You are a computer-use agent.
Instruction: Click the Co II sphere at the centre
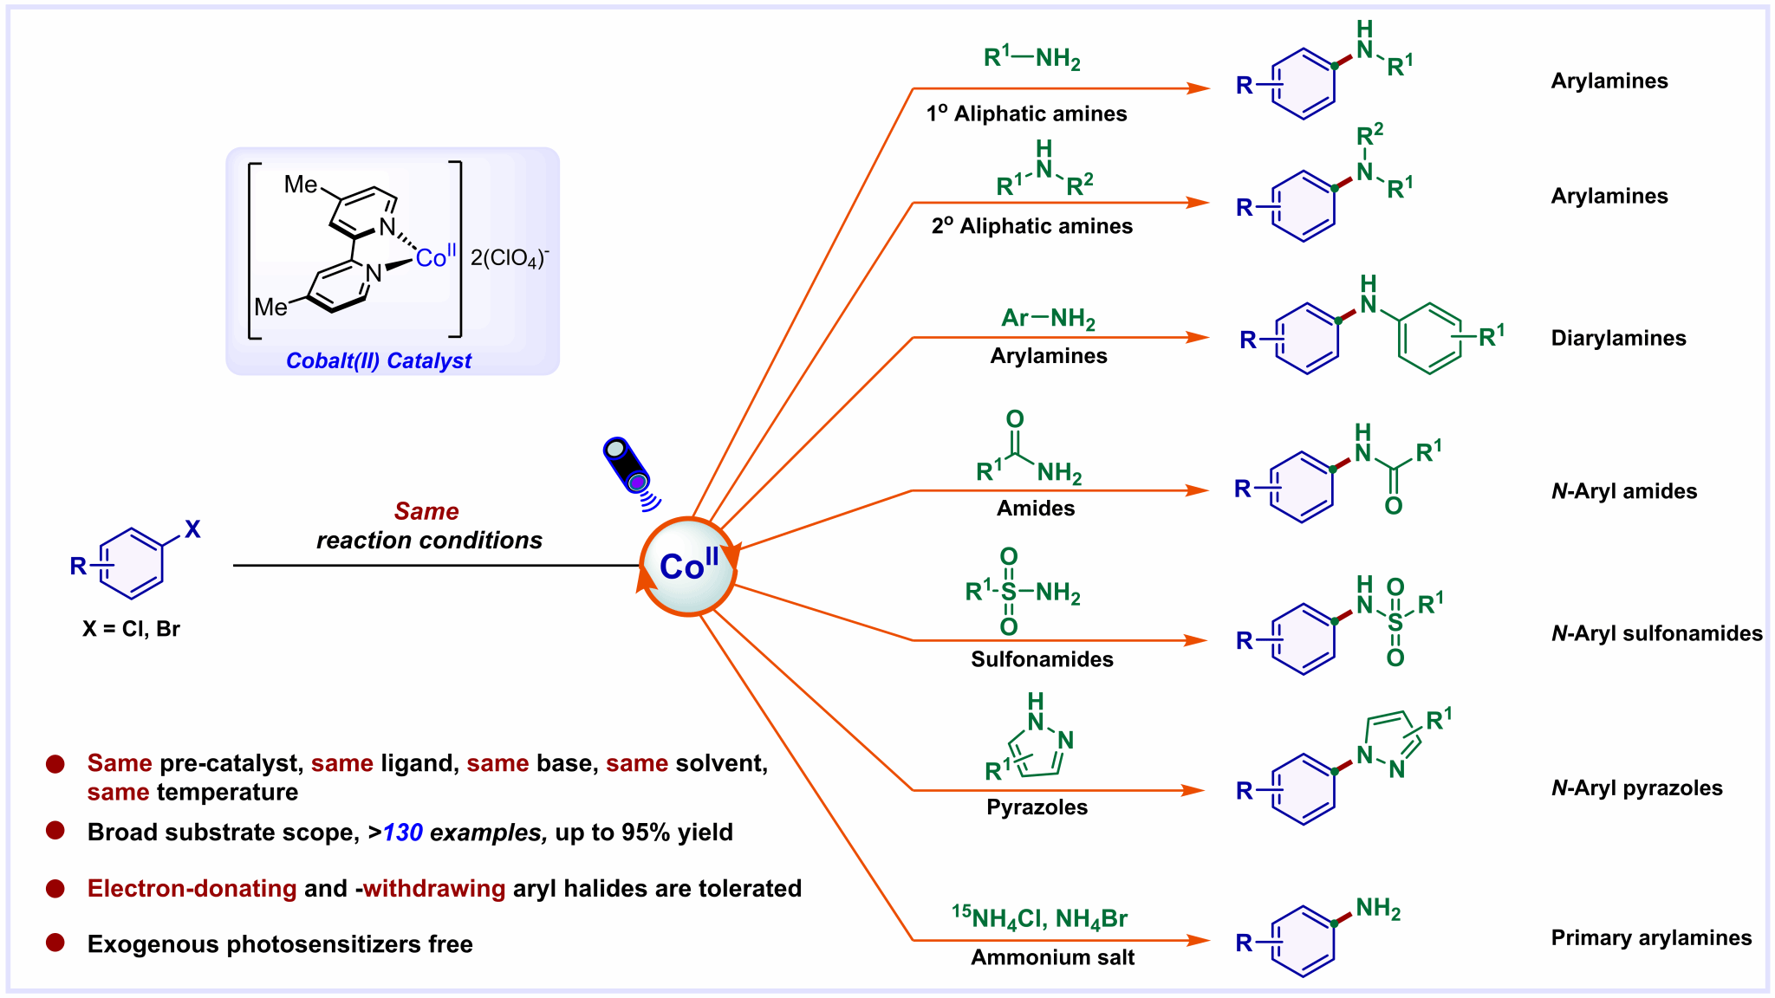(689, 567)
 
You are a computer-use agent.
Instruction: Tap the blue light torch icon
(627, 465)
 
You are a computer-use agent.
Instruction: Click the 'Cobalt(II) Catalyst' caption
(379, 361)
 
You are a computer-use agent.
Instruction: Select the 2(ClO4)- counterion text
(510, 257)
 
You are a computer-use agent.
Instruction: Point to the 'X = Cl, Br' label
(131, 629)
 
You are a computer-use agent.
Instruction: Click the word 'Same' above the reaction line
(426, 511)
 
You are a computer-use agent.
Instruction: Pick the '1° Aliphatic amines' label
(1026, 113)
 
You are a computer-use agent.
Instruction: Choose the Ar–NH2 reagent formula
(1048, 318)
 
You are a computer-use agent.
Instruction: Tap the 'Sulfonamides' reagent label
(1042, 659)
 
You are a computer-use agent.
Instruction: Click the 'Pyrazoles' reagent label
(1037, 807)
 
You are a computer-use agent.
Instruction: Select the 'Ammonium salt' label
(1052, 957)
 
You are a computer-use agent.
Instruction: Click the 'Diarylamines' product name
(1618, 338)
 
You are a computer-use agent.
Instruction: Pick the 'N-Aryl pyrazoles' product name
(1636, 788)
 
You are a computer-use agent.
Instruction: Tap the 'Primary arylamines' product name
(1651, 938)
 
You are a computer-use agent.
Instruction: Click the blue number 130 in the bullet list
(403, 833)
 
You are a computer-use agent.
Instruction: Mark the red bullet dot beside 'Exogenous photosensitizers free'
(55, 943)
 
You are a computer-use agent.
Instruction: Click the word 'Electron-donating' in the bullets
(192, 889)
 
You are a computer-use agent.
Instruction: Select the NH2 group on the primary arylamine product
(1377, 909)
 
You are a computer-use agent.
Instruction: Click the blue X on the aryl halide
(192, 529)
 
